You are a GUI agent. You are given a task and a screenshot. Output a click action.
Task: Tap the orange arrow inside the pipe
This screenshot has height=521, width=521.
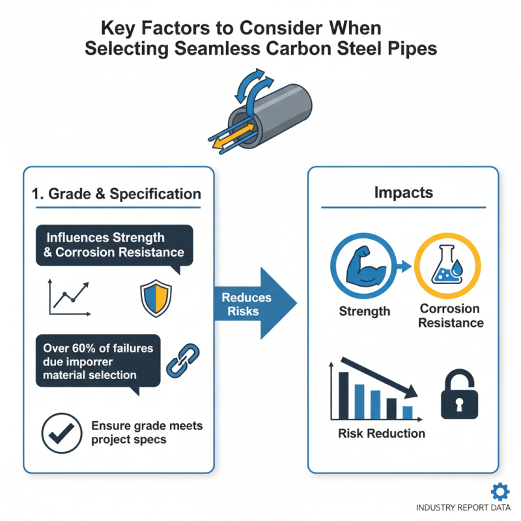pos(233,136)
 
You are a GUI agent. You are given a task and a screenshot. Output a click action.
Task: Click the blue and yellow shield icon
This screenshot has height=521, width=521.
pos(156,298)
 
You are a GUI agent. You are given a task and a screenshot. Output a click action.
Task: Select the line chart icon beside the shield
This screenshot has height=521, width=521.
pos(70,297)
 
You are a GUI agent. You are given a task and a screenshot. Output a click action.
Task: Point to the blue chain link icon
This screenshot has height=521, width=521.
pos(182,361)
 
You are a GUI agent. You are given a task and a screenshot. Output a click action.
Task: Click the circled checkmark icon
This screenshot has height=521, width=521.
pos(62,433)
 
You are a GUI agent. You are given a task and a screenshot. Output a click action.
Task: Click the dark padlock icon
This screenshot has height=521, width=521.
pos(459,394)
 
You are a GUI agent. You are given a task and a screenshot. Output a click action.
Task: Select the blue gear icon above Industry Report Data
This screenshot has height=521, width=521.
pos(500,492)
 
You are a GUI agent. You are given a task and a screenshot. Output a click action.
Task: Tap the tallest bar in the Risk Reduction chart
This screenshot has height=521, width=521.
pos(344,395)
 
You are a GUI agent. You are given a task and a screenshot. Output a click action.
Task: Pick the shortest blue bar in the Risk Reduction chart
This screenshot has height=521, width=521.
pos(408,412)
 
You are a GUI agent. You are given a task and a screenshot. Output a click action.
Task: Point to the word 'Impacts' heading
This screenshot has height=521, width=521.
pos(404,192)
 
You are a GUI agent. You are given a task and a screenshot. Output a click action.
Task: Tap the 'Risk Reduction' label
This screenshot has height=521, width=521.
pos(382,433)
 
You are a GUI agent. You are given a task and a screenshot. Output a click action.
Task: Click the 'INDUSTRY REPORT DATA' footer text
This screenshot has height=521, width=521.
pos(463,508)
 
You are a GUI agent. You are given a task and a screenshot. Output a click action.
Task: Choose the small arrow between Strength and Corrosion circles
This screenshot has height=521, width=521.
pos(404,266)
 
